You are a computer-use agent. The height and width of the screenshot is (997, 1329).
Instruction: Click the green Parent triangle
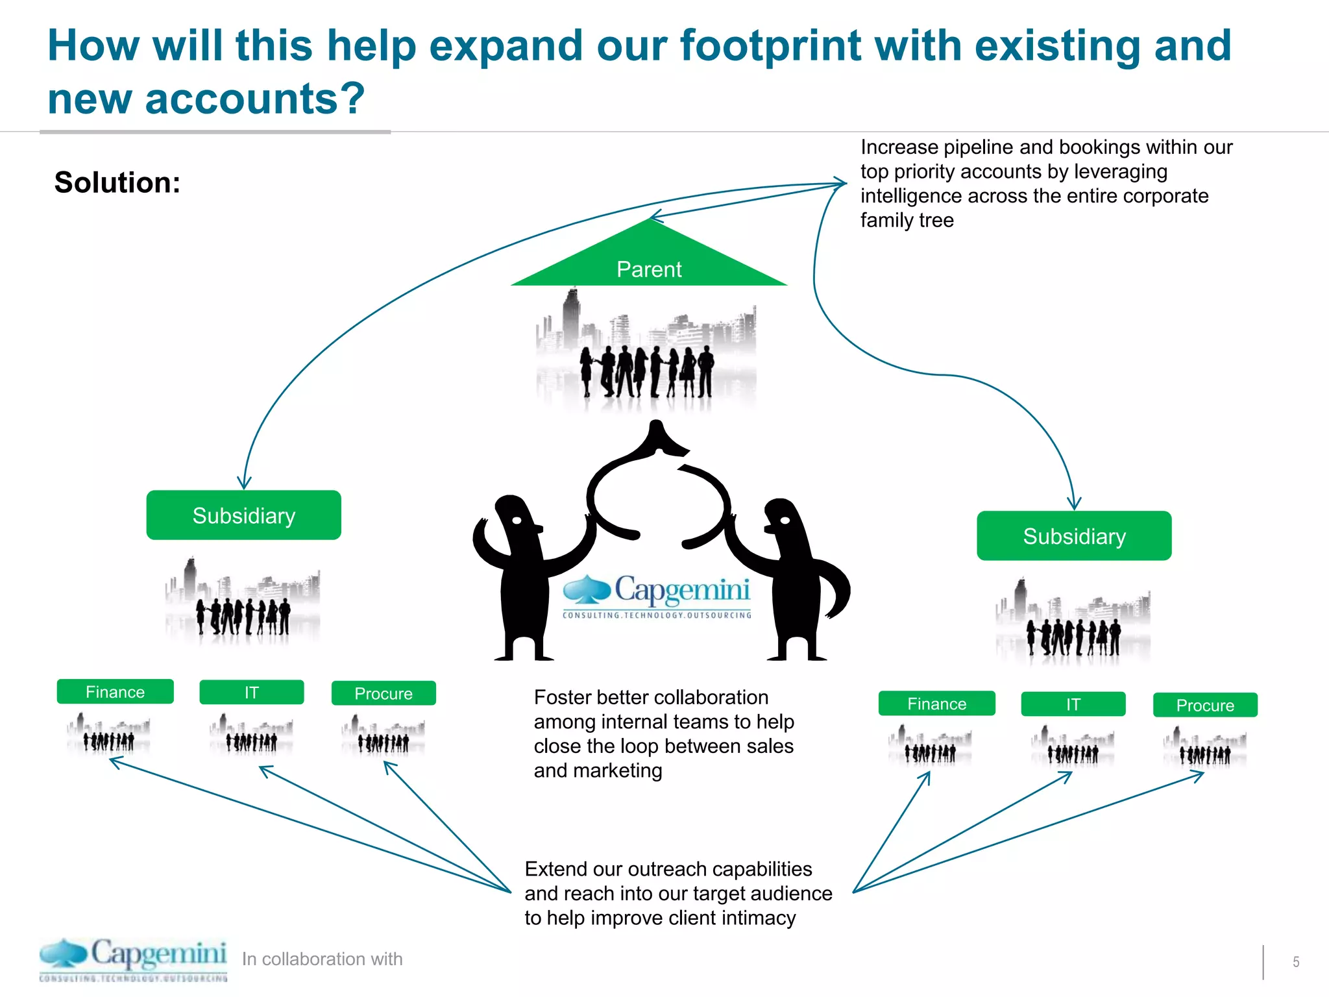[x=649, y=263]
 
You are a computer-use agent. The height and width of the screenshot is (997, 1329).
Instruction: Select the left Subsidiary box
[x=243, y=515]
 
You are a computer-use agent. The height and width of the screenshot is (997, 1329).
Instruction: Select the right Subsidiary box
[x=1074, y=536]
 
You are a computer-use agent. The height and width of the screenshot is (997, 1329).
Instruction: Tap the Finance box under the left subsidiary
[x=115, y=692]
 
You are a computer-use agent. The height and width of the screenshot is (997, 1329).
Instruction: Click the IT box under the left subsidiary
[x=251, y=693]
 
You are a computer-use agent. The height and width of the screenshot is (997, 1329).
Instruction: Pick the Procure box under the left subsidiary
[x=384, y=693]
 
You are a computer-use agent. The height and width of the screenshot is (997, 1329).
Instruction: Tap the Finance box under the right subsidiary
[x=936, y=704]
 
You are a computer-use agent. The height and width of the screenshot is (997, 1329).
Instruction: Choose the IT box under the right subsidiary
[x=1073, y=704]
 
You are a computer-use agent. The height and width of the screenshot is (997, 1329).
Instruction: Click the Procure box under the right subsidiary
[x=1205, y=705]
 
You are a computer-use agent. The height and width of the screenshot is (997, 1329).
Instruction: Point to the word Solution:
[x=117, y=182]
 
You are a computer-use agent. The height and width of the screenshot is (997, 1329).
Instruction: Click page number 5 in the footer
[x=1295, y=962]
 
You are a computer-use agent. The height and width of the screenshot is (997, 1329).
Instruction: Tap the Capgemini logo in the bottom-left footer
[x=133, y=959]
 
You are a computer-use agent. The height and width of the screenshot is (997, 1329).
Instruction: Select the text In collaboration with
[x=322, y=959]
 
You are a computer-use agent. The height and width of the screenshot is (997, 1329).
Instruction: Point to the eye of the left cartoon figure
[x=517, y=520]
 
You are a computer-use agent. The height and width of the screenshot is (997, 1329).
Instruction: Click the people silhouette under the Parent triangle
[x=647, y=372]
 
